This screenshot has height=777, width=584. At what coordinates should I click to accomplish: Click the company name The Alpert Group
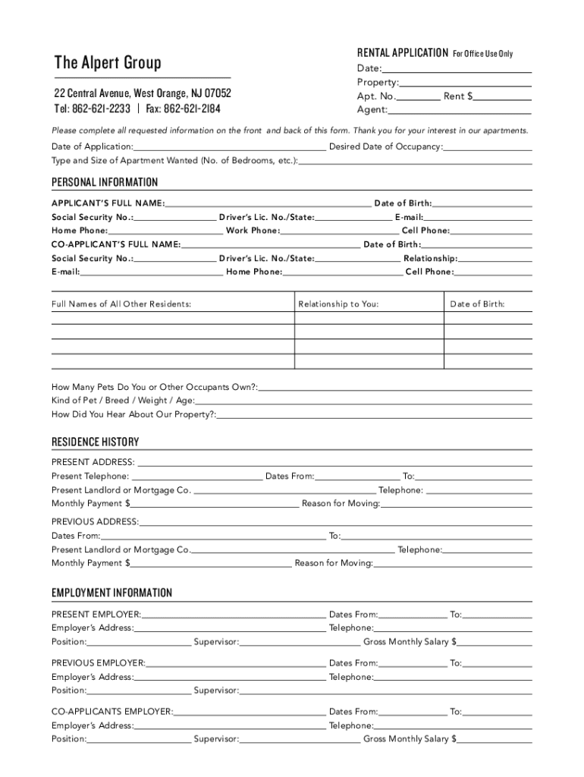click(108, 62)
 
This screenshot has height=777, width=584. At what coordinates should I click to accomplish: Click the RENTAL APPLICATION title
click(402, 53)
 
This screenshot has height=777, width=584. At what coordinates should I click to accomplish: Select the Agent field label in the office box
click(372, 110)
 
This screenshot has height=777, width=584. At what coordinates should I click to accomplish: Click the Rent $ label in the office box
click(459, 96)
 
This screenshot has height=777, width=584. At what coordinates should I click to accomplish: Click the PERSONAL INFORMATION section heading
click(105, 182)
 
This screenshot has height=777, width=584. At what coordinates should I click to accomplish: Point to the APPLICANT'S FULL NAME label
click(108, 203)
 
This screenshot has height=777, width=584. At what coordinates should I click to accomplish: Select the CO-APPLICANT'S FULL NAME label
click(116, 244)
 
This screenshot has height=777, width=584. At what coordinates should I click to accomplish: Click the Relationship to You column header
click(338, 304)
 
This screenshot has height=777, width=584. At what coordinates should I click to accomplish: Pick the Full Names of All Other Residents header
click(121, 304)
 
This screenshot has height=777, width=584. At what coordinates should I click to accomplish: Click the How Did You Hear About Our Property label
click(133, 414)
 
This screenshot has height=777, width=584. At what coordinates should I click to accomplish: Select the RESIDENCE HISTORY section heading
click(95, 442)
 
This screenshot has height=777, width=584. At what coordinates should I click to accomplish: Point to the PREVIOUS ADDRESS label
click(95, 521)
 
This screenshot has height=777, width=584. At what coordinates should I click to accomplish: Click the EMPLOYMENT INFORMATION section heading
click(111, 593)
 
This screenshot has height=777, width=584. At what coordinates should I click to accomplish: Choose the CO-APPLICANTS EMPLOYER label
click(112, 712)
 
